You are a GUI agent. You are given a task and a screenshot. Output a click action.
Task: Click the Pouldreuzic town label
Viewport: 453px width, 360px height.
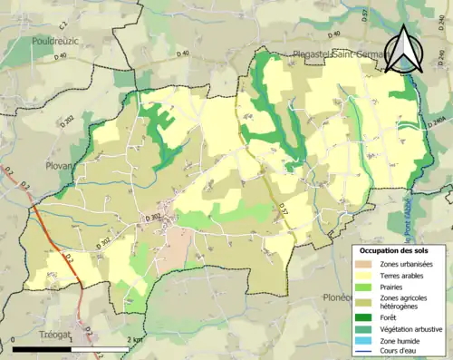click(55, 41)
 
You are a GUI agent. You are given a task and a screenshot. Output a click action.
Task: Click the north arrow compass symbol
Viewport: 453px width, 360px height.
click(405, 49)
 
